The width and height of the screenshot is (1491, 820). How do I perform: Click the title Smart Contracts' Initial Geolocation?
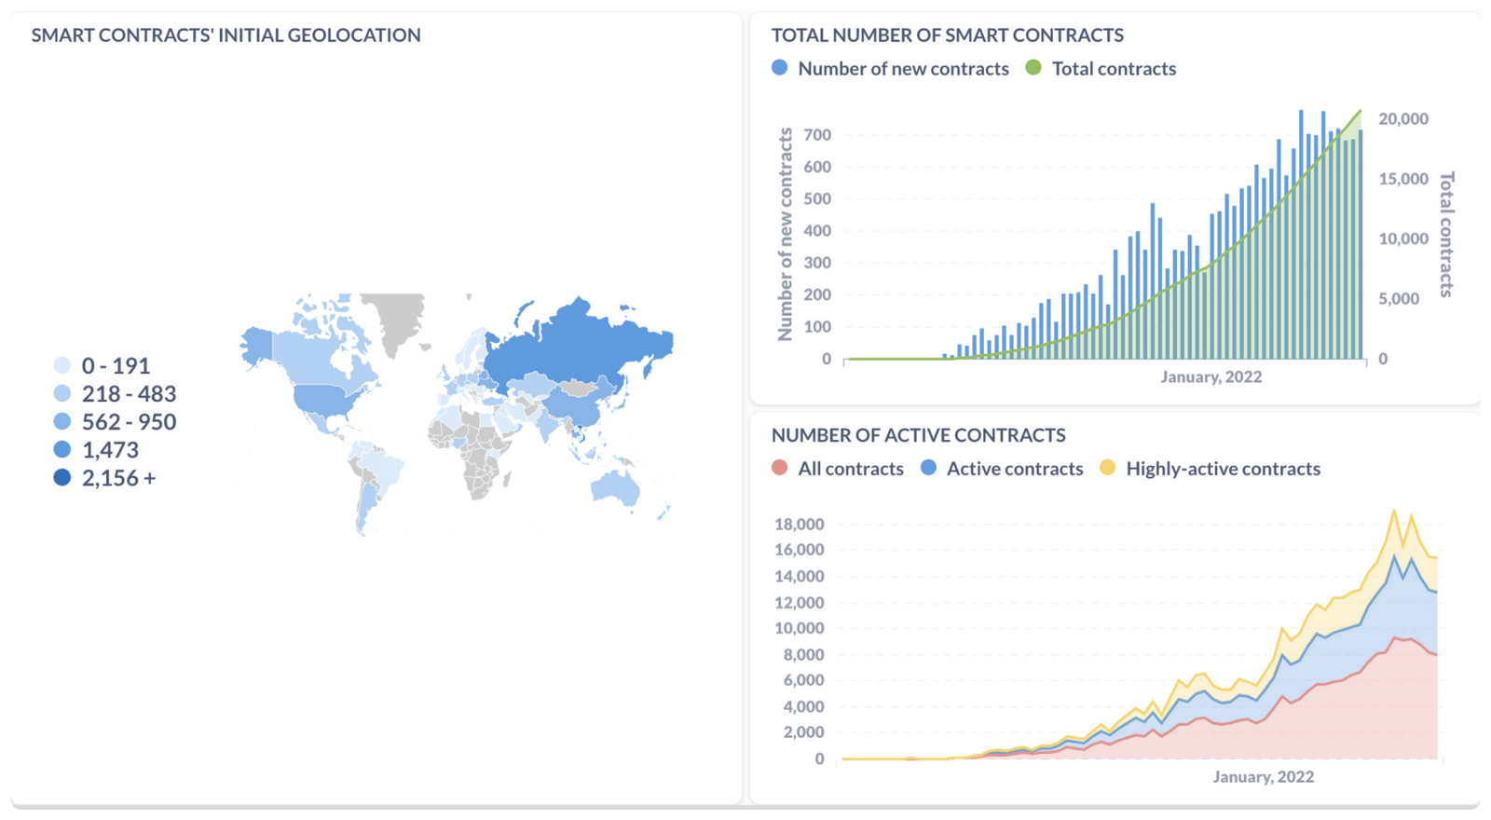[x=226, y=35]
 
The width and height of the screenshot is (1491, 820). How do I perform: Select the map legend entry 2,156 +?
[x=117, y=478]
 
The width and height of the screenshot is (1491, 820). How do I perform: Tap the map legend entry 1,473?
[x=110, y=450]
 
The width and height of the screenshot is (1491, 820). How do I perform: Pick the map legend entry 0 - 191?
[x=116, y=366]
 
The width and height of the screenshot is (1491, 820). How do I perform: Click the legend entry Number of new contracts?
[x=902, y=69]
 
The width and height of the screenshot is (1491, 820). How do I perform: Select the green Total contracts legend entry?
[x=1113, y=69]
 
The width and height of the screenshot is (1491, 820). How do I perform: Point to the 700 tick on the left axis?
[x=816, y=135]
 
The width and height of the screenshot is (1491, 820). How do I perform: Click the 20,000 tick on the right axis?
[x=1403, y=119]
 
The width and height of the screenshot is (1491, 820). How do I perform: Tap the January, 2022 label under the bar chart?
[x=1211, y=376]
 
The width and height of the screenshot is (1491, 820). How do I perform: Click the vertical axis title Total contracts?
[x=1446, y=234]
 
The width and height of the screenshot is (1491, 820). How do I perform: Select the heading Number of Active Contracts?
[x=918, y=435]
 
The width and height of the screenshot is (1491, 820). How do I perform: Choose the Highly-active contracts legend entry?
[x=1222, y=469]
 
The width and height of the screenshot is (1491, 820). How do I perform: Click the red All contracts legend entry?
[x=850, y=469]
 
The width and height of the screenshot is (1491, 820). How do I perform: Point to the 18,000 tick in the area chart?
[x=799, y=524]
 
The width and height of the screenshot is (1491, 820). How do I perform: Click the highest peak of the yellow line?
[x=1394, y=511]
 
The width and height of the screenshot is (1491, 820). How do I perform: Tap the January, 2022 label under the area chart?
[x=1263, y=776]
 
